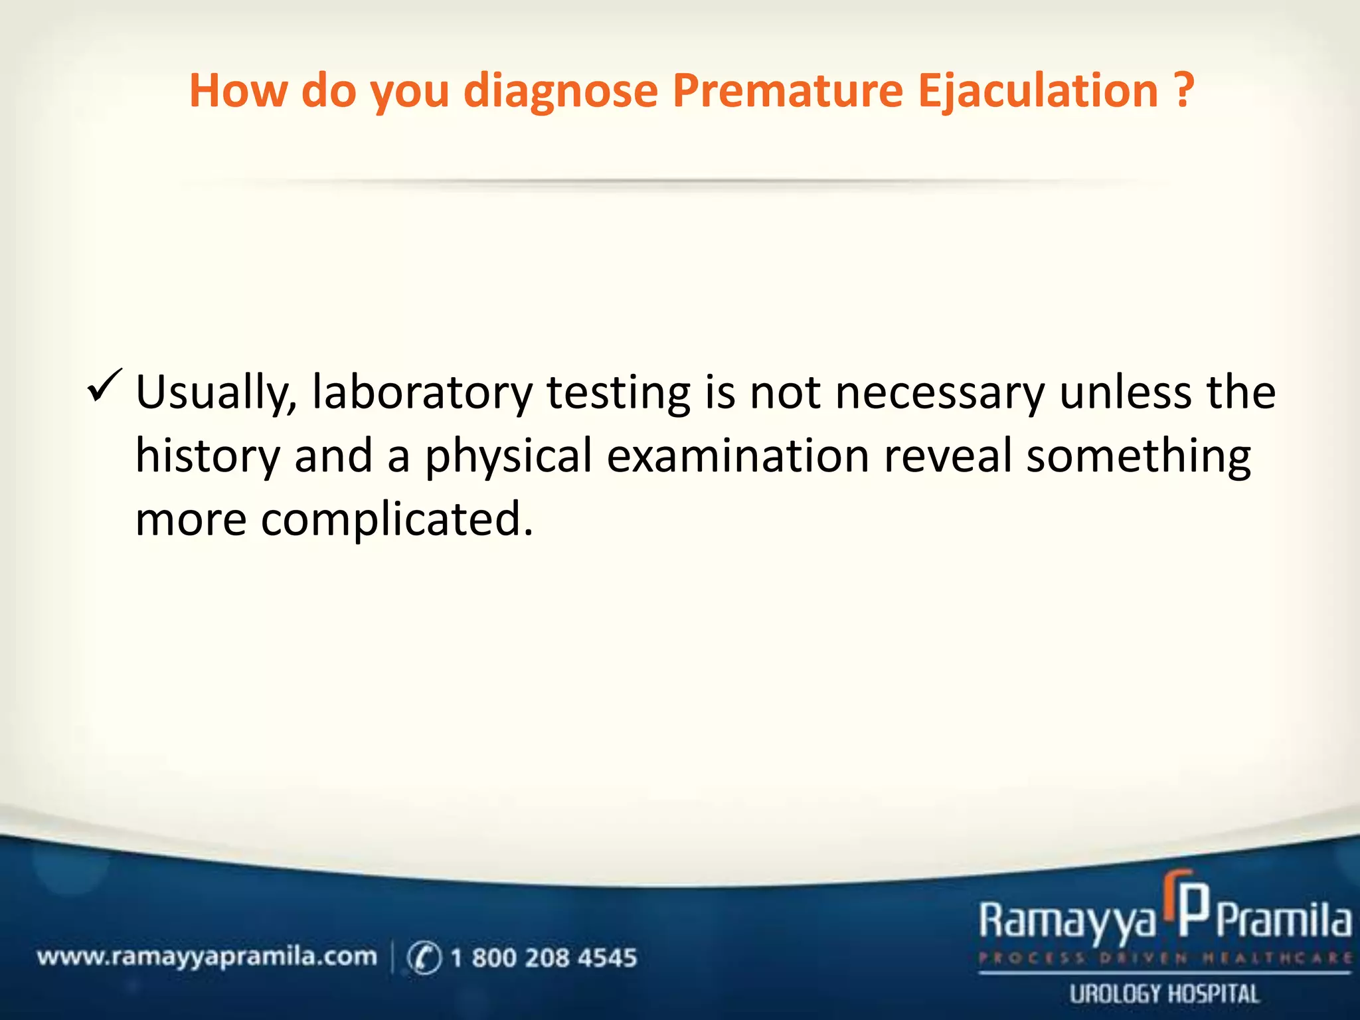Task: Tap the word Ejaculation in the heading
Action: [x=1038, y=91]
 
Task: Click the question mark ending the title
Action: [x=1184, y=91]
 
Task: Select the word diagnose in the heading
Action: [x=560, y=91]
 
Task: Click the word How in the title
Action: [x=238, y=91]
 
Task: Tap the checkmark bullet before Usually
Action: [x=104, y=386]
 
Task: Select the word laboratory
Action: [x=422, y=392]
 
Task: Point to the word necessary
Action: [x=939, y=392]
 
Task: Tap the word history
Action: [x=208, y=457]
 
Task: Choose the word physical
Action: [x=508, y=457]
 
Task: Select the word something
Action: [x=1138, y=457]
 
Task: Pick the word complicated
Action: [x=396, y=520]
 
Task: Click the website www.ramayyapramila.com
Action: [x=207, y=957]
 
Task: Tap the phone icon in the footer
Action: [x=424, y=958]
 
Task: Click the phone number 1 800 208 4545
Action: [x=543, y=958]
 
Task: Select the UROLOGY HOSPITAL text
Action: [x=1164, y=994]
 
